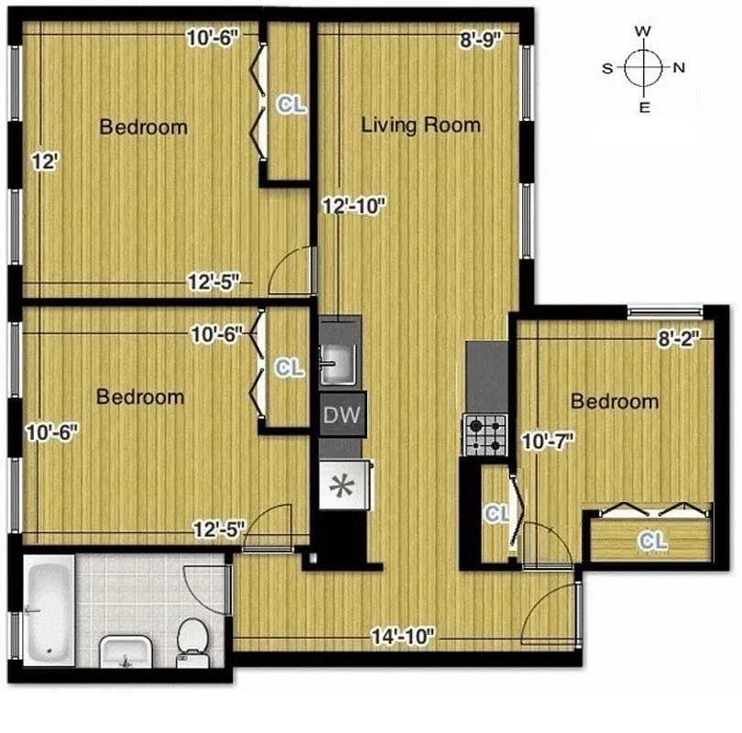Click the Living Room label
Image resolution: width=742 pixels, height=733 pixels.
pyautogui.click(x=420, y=125)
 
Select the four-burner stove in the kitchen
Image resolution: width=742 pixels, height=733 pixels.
pyautogui.click(x=486, y=434)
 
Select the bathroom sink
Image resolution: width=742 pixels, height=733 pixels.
pyautogui.click(x=124, y=651)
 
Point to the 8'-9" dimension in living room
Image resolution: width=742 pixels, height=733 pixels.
pyautogui.click(x=480, y=39)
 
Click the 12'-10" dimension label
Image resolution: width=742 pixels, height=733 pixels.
pyautogui.click(x=354, y=207)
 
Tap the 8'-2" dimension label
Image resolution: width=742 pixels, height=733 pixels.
pyautogui.click(x=678, y=340)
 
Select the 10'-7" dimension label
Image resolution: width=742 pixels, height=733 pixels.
pyautogui.click(x=548, y=442)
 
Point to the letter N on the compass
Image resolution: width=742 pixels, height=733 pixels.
pyautogui.click(x=679, y=68)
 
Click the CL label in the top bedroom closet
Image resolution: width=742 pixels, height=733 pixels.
pyautogui.click(x=291, y=105)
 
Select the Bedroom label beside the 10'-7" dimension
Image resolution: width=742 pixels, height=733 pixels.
pyautogui.click(x=614, y=401)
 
